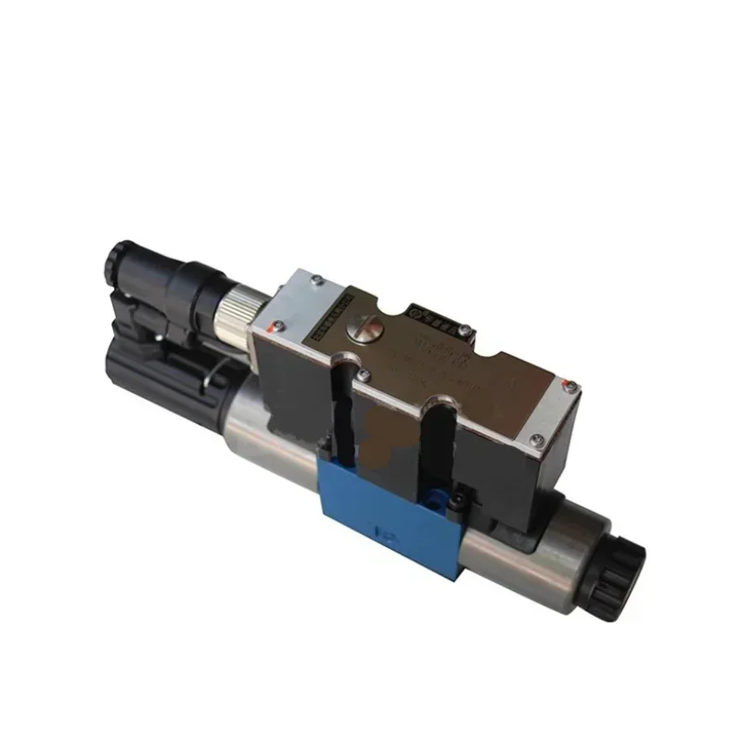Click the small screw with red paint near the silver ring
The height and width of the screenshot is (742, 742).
click(272, 326)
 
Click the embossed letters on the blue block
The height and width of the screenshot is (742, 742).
click(381, 536)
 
